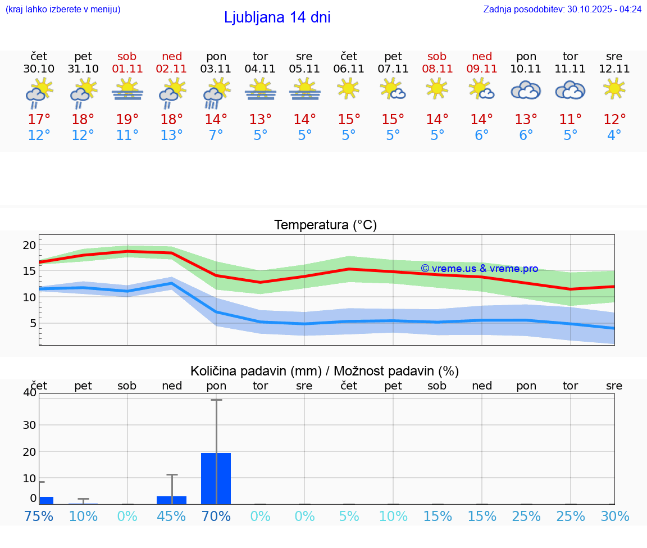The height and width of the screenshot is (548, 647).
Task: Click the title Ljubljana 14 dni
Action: (277, 17)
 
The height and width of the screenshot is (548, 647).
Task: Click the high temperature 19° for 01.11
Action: (127, 120)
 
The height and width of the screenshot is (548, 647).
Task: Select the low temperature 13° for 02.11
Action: (171, 135)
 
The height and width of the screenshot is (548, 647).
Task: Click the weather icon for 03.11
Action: (216, 93)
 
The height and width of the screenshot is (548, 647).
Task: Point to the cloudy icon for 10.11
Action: (526, 90)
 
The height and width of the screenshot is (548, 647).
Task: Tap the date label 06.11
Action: (349, 69)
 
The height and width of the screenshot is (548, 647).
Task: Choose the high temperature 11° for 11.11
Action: (570, 120)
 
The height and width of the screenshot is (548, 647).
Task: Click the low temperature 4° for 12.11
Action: (614, 135)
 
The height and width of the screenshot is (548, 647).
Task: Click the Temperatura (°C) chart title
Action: (326, 225)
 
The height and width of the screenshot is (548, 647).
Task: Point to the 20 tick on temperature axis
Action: (29, 245)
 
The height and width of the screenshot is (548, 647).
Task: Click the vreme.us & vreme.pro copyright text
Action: (479, 269)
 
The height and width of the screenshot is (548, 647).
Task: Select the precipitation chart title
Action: (325, 371)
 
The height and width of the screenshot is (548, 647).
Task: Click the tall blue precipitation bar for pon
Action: (216, 478)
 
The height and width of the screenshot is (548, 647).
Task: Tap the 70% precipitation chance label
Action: (216, 516)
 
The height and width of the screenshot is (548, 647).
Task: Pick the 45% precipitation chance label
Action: (171, 516)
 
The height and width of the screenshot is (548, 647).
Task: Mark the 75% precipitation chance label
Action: (39, 516)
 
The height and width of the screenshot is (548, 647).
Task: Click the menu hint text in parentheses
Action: (63, 9)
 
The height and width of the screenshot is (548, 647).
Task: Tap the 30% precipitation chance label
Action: (614, 516)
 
